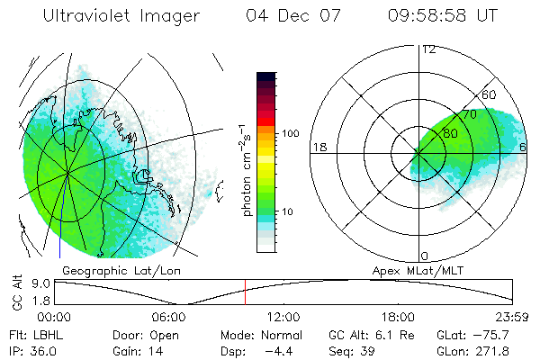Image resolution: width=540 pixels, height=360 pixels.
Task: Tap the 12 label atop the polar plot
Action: click(x=428, y=49)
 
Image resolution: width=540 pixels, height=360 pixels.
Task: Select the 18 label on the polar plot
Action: click(x=318, y=147)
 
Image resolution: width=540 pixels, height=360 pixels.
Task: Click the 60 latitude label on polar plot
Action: click(x=490, y=94)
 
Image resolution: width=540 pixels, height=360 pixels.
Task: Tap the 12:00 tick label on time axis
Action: click(x=283, y=317)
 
